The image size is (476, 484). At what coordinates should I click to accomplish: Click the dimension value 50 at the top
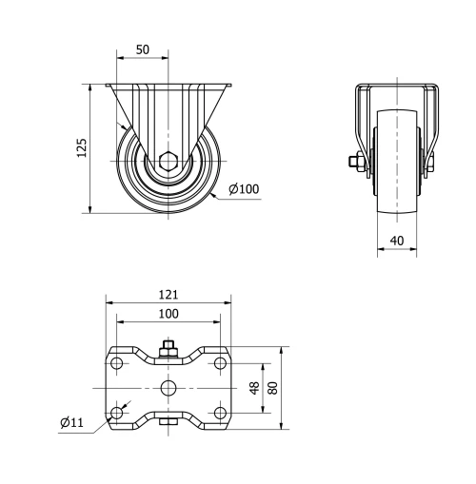tap(142, 49)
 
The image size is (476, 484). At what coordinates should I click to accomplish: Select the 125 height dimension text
tap(82, 147)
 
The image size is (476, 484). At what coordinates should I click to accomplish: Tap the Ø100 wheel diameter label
tap(245, 189)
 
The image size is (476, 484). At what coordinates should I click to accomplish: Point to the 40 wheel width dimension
tap(396, 242)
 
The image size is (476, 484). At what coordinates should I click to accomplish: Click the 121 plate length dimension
tap(169, 295)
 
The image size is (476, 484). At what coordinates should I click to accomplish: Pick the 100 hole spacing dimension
tap(169, 313)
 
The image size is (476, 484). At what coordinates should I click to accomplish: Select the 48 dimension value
tap(254, 388)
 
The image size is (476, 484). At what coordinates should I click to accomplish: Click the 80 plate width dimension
tap(273, 388)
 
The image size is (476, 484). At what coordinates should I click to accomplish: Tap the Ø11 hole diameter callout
tap(70, 421)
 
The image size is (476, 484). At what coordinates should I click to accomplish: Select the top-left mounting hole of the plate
tap(117, 364)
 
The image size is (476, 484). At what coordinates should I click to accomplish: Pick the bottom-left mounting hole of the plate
tap(117, 412)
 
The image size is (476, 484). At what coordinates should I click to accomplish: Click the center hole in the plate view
tap(169, 388)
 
